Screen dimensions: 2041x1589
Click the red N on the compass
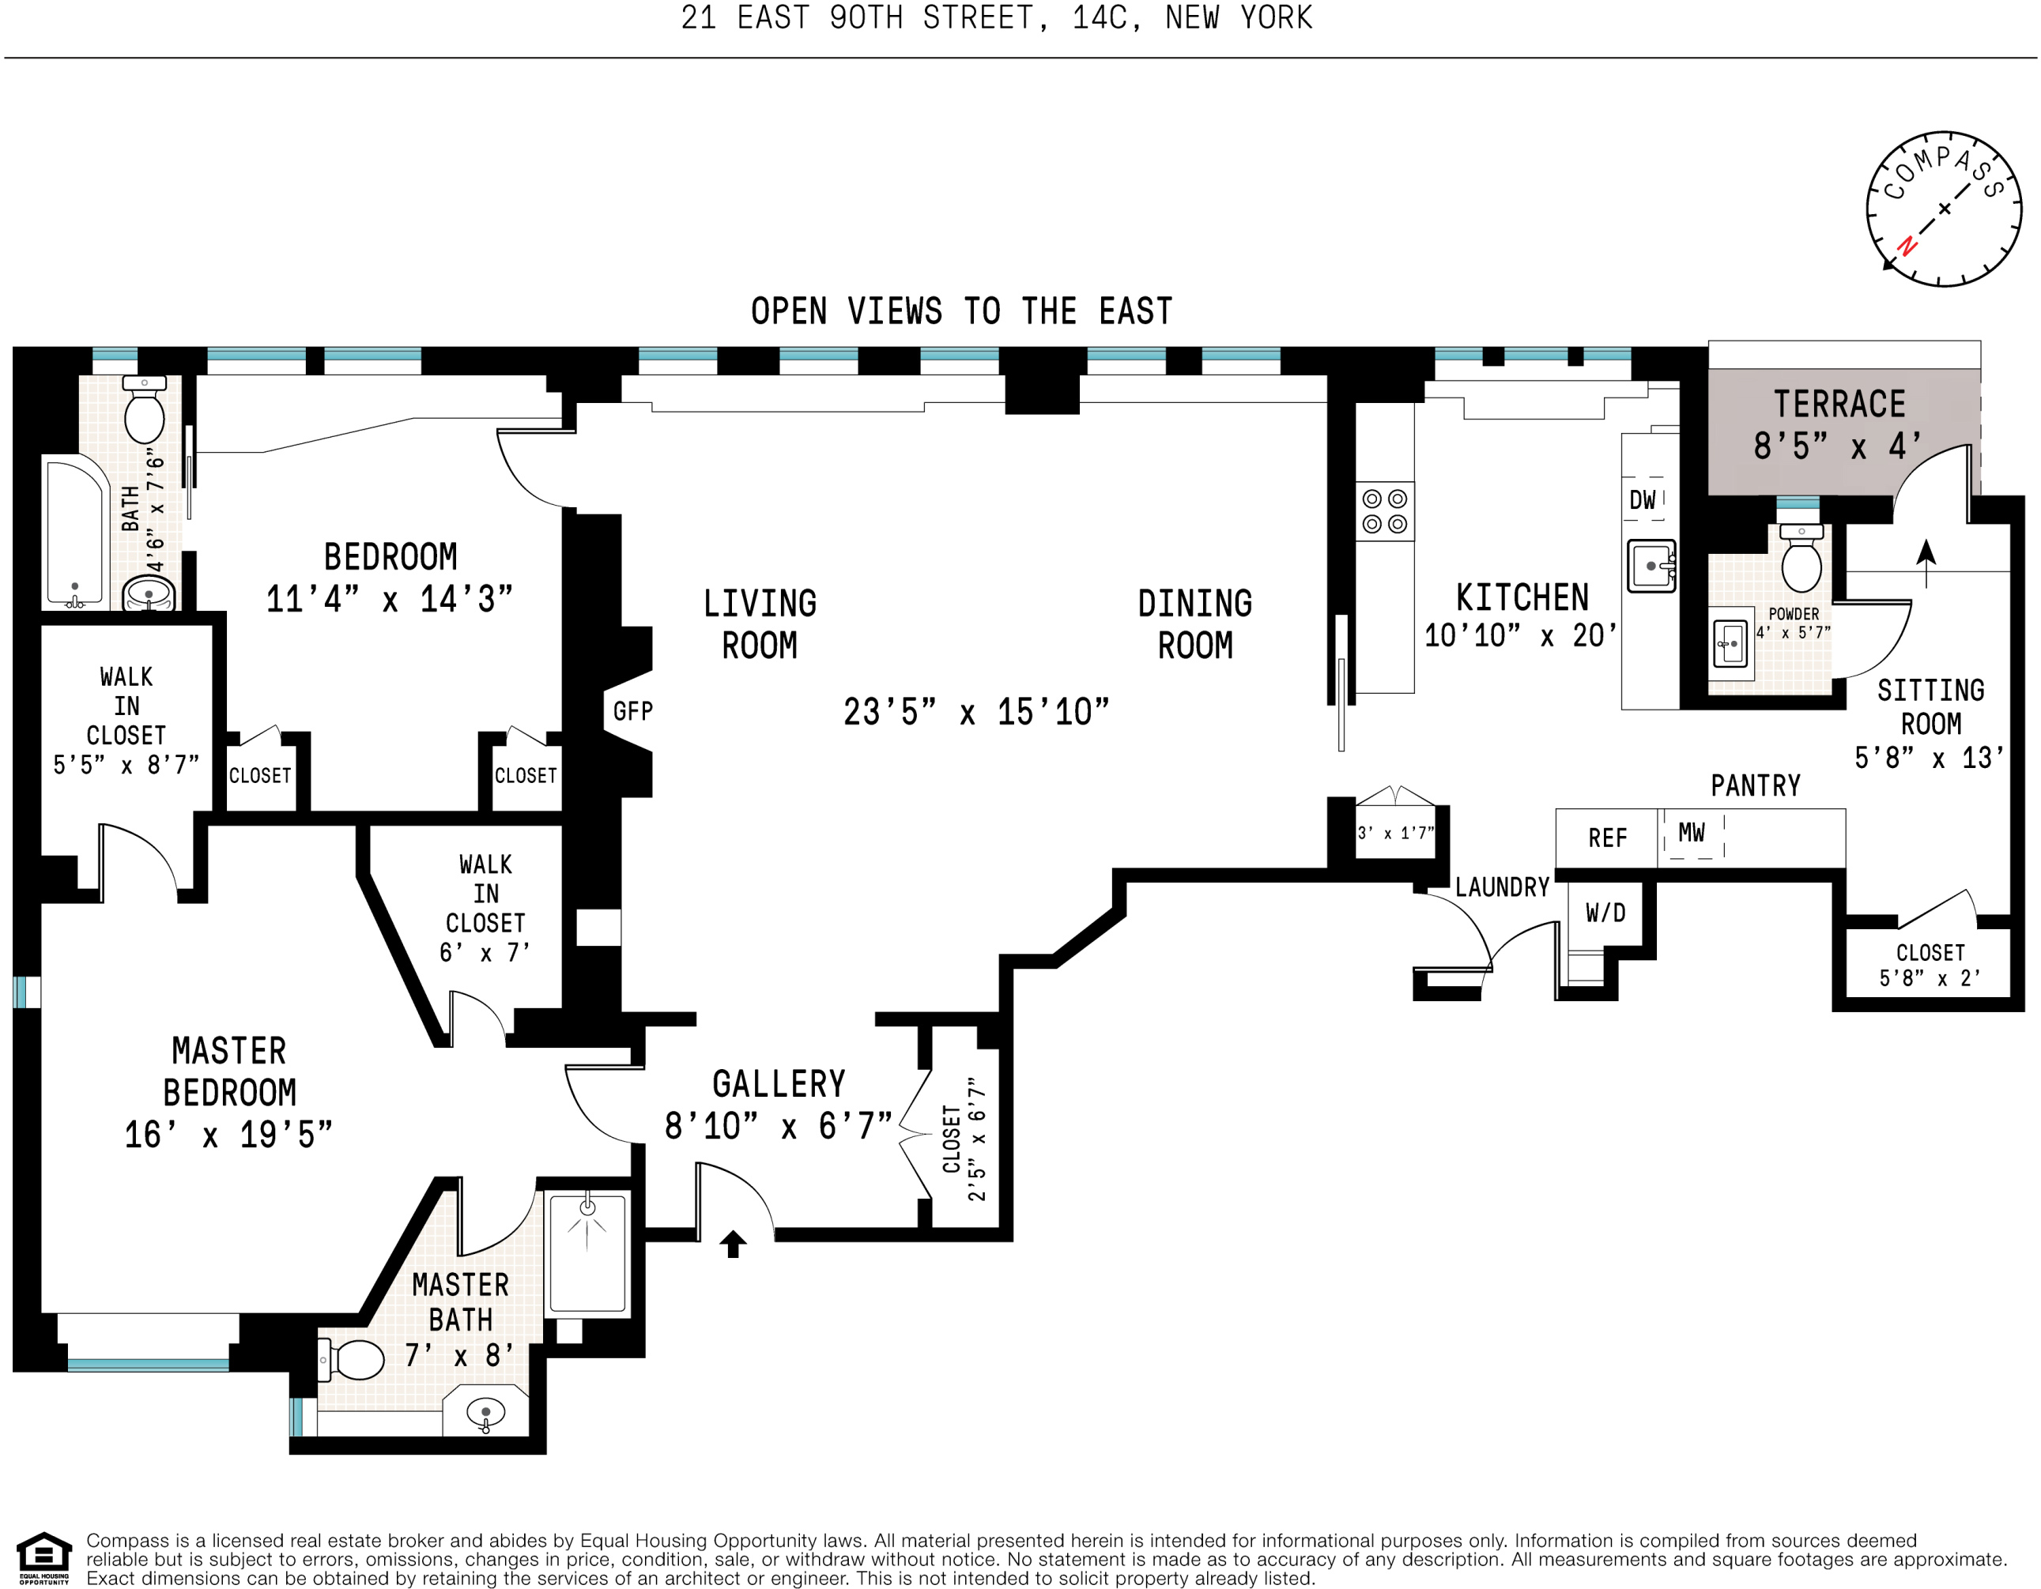click(x=1907, y=247)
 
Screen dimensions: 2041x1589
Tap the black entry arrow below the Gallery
click(x=733, y=1244)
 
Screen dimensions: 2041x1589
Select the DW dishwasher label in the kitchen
click(x=1642, y=500)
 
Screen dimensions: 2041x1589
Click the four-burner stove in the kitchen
click(x=1385, y=511)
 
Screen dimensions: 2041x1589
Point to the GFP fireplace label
click(x=632, y=711)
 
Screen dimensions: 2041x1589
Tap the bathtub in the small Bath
click(x=75, y=533)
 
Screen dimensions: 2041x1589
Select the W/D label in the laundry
click(x=1605, y=913)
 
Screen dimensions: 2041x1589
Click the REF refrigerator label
click(x=1607, y=838)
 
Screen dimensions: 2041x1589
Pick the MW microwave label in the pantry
click(x=1692, y=832)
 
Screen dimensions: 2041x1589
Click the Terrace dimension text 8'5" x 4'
click(x=1838, y=446)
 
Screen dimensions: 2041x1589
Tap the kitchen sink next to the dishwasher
click(x=1651, y=565)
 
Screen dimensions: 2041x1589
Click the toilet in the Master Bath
click(x=352, y=1360)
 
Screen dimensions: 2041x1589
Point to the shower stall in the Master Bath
click(x=588, y=1255)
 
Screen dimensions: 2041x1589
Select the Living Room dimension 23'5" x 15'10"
click(x=975, y=712)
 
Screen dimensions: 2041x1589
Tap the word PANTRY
click(x=1755, y=785)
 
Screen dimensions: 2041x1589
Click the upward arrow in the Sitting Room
click(x=1926, y=563)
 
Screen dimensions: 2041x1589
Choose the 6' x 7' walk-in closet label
click(x=485, y=952)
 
